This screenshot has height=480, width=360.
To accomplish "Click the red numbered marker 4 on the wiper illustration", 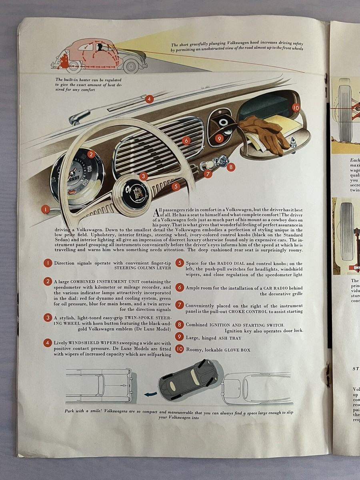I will (149, 99).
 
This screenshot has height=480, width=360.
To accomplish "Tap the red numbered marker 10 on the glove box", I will (296, 108).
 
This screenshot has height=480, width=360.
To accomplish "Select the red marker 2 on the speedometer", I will (91, 154).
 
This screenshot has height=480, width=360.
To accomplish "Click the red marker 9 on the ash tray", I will (218, 139).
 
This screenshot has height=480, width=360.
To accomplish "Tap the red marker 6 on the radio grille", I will (185, 140).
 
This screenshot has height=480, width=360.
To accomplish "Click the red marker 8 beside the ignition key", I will (231, 167).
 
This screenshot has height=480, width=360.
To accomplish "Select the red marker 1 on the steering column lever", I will (46, 209).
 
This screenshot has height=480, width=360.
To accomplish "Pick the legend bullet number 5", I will (180, 263).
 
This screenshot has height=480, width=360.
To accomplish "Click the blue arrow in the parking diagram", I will (150, 394).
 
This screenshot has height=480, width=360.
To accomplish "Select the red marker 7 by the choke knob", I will (208, 174).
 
